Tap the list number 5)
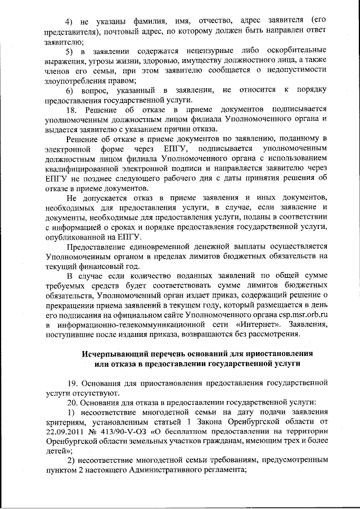[x=70, y=52]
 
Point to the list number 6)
[x=70, y=91]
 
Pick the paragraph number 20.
[x=71, y=403]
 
